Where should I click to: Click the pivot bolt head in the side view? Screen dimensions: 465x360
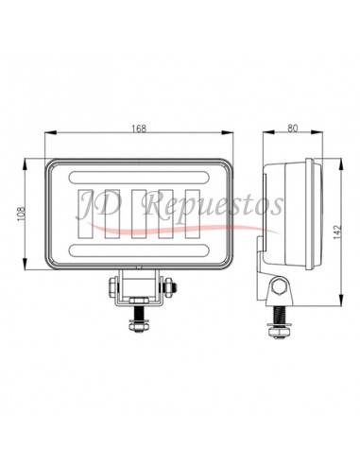281,287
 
